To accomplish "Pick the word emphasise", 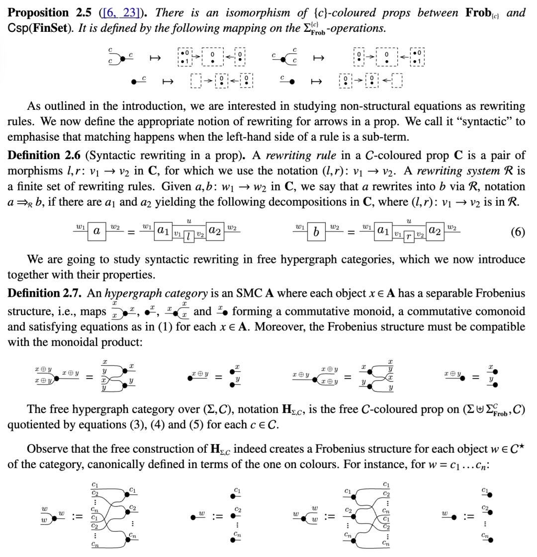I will click(x=31, y=136).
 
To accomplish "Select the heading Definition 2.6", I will click(x=44, y=156).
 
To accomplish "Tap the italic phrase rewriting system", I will click(x=454, y=171).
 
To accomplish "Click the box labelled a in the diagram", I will click(x=97, y=232).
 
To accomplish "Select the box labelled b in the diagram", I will click(x=316, y=232).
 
